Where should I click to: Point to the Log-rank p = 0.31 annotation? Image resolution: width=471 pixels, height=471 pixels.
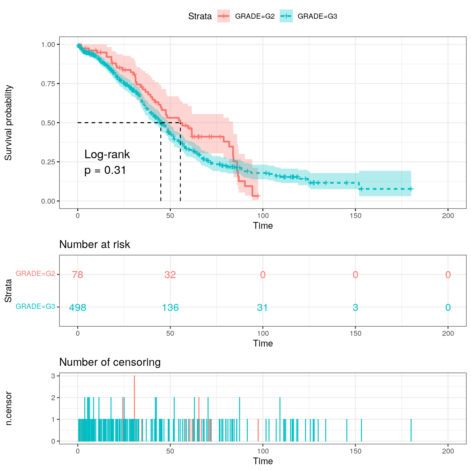[x=107, y=162]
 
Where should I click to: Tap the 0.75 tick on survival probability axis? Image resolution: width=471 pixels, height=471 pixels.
[x=48, y=84]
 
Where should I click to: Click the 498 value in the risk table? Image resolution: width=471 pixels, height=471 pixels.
[x=78, y=307]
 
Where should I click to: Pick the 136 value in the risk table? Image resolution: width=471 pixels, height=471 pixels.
[x=170, y=307]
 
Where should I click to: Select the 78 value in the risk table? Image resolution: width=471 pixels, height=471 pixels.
[x=78, y=274]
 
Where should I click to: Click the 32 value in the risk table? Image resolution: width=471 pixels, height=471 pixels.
[x=170, y=274]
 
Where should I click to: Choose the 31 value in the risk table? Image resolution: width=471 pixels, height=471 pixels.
[x=263, y=307]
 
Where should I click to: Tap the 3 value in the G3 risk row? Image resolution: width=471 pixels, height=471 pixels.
[x=355, y=307]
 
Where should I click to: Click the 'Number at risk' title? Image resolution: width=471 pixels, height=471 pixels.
[x=94, y=244]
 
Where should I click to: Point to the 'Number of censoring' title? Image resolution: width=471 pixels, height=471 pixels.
[x=110, y=362]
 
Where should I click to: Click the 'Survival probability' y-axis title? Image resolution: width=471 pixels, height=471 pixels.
[x=9, y=123]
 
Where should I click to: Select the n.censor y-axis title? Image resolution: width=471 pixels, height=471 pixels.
[x=9, y=408]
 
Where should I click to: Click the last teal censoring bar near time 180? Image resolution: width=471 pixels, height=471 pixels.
[x=411, y=430]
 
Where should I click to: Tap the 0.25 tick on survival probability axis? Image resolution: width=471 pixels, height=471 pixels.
[x=48, y=162]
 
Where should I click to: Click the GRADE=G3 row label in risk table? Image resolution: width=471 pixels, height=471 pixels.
[x=35, y=306]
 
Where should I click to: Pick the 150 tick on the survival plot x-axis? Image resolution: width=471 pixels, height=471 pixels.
[x=355, y=216]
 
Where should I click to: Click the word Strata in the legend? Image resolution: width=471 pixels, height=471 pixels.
[x=200, y=16]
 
